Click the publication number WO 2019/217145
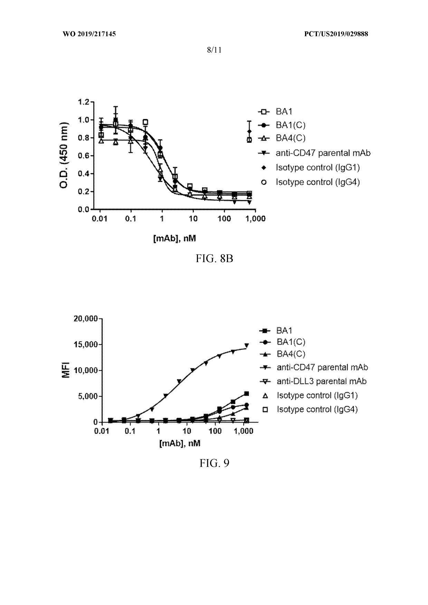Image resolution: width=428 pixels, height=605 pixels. pyautogui.click(x=89, y=34)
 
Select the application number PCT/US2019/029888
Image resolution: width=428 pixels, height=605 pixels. pyautogui.click(x=336, y=34)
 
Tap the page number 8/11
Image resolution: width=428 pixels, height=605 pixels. pyautogui.click(x=214, y=50)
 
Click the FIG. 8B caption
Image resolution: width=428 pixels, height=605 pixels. pyautogui.click(x=214, y=258)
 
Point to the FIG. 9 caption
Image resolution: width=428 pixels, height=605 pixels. pyautogui.click(x=214, y=463)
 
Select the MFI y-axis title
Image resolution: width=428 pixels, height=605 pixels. pyautogui.click(x=66, y=369)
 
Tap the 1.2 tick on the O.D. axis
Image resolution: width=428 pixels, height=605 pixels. pyautogui.click(x=84, y=102)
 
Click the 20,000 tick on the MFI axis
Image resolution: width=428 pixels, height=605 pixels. pyautogui.click(x=86, y=319)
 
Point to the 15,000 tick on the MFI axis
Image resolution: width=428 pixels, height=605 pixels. pyautogui.click(x=86, y=345)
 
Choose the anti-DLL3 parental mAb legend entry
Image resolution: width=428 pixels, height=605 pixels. pyautogui.click(x=321, y=381)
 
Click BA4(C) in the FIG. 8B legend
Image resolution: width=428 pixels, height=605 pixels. pyautogui.click(x=291, y=138)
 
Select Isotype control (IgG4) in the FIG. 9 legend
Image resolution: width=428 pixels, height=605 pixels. pyautogui.click(x=317, y=409)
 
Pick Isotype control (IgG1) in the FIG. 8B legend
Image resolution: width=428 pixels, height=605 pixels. pyautogui.click(x=317, y=168)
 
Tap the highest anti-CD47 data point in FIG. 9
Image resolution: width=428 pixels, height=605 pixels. pyautogui.click(x=247, y=345)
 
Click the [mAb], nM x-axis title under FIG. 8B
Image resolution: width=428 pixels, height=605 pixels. pyautogui.click(x=174, y=238)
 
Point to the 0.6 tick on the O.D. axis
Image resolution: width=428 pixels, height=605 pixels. pyautogui.click(x=84, y=156)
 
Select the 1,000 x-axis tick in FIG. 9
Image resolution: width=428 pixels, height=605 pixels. pyautogui.click(x=244, y=431)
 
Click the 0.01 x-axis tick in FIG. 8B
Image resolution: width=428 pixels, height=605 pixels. pyautogui.click(x=100, y=219)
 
